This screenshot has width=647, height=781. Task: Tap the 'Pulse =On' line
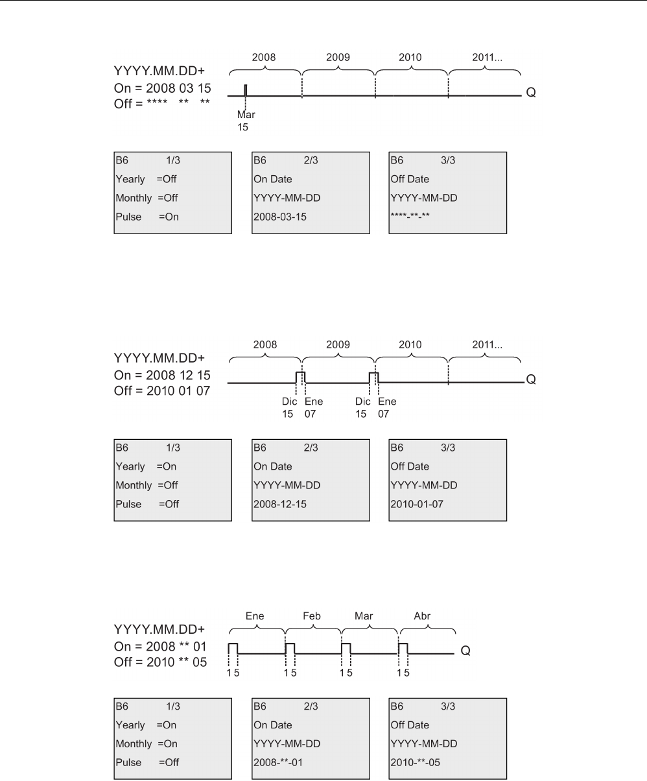[147, 217]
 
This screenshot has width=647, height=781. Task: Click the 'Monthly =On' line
[146, 744]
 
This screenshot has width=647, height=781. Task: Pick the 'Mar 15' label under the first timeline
[246, 121]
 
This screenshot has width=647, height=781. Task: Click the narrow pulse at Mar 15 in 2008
[246, 90]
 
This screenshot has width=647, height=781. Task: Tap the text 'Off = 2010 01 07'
[161, 391]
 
